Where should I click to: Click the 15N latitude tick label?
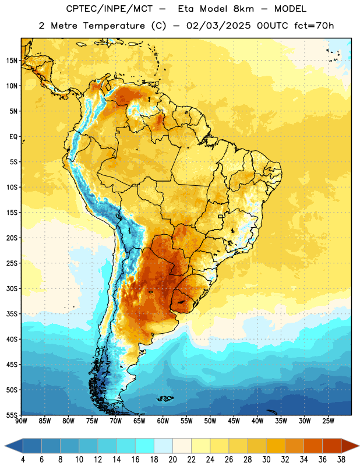[12, 61]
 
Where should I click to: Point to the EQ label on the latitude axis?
[13, 137]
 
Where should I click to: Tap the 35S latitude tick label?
[12, 314]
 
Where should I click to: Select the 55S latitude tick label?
[12, 415]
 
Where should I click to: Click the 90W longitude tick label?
[21, 421]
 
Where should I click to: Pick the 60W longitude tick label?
[163, 421]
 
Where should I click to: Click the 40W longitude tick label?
[257, 421]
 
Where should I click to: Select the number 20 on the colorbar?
[172, 460]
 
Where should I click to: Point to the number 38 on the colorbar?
[341, 460]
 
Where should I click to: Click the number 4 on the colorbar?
[23, 460]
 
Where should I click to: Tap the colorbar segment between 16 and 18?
[145, 446]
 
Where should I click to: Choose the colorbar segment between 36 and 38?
[332, 446]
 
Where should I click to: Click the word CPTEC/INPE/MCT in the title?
[110, 9]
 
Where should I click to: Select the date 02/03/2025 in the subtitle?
[218, 26]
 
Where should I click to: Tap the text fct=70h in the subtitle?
[314, 26]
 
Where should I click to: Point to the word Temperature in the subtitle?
[114, 26]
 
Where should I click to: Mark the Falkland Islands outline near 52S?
[165, 398]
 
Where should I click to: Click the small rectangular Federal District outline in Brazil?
[221, 216]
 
